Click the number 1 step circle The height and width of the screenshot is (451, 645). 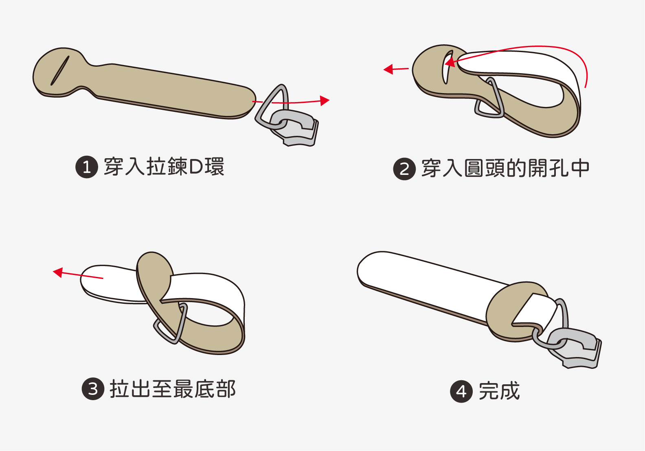[87, 167]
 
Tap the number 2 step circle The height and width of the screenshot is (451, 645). [404, 169]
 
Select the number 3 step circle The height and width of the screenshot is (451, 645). [93, 389]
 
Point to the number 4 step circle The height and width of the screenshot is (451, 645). [461, 391]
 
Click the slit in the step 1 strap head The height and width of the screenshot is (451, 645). [60, 70]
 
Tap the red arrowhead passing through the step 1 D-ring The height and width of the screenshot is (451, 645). [325, 100]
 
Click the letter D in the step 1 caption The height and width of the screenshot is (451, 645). [196, 167]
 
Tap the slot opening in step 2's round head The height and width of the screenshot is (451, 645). [447, 67]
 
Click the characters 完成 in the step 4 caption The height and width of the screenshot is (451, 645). [499, 391]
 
